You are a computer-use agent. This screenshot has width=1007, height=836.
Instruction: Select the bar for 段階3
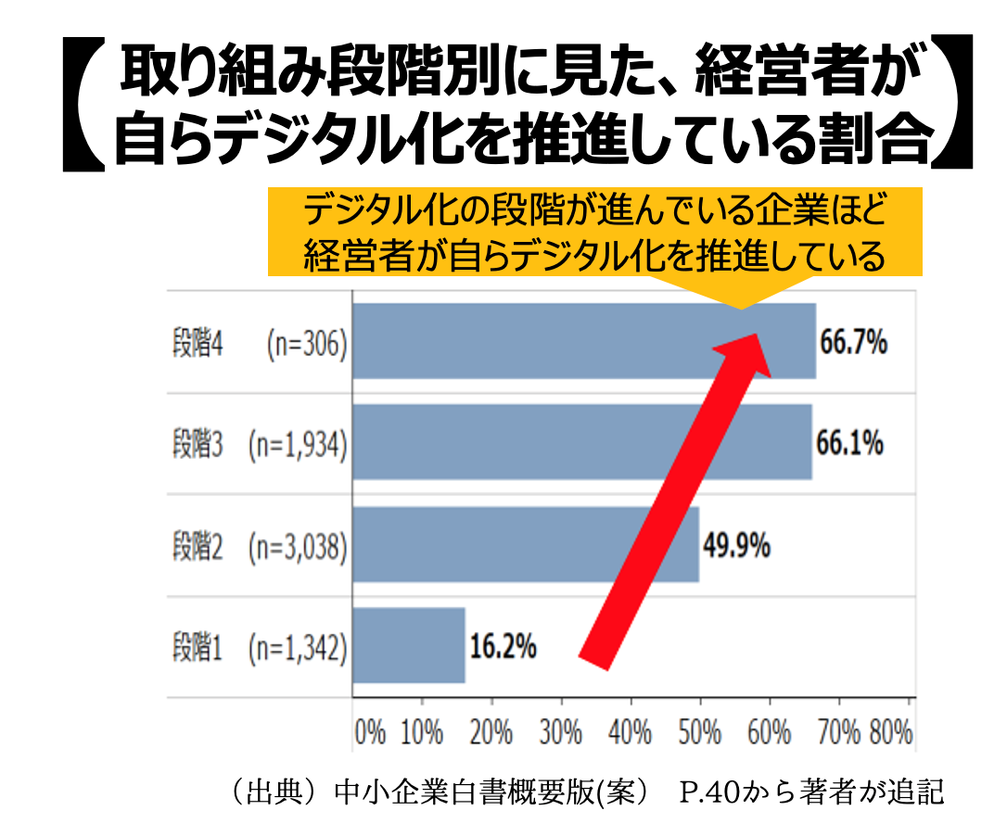[x=582, y=441]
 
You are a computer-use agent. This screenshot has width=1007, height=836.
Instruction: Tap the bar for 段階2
[x=526, y=544]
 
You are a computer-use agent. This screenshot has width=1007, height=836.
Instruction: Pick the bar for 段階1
[x=409, y=645]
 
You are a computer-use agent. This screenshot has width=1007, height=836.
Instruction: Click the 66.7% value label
[x=853, y=343]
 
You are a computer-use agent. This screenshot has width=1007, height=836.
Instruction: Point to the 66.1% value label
[x=849, y=443]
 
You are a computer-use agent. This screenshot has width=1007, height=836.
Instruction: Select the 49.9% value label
[x=736, y=546]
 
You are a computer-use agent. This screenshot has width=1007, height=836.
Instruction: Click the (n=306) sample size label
[x=306, y=344]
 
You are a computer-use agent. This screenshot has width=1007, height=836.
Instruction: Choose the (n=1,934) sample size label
[x=298, y=445]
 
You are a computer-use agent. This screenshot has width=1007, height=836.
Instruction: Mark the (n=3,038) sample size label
[x=298, y=548]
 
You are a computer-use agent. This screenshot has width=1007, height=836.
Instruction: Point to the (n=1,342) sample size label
[x=298, y=649]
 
